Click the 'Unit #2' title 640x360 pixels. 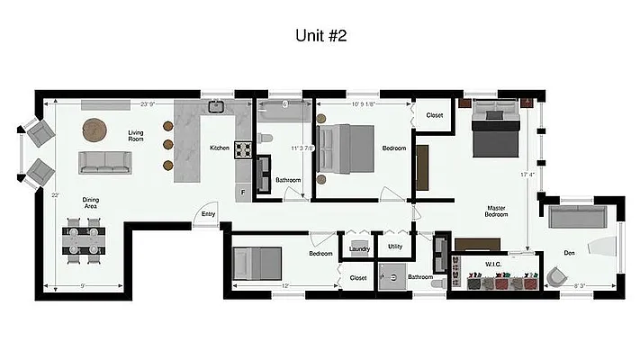(321, 36)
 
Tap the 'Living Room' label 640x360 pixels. (136, 135)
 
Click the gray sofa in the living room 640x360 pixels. (105, 162)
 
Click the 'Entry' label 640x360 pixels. (208, 214)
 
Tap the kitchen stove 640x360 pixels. (243, 149)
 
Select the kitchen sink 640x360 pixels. (216, 107)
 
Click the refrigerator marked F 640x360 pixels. (242, 192)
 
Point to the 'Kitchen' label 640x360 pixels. (220, 148)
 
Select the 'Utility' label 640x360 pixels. (395, 247)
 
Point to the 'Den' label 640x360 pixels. (569, 254)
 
